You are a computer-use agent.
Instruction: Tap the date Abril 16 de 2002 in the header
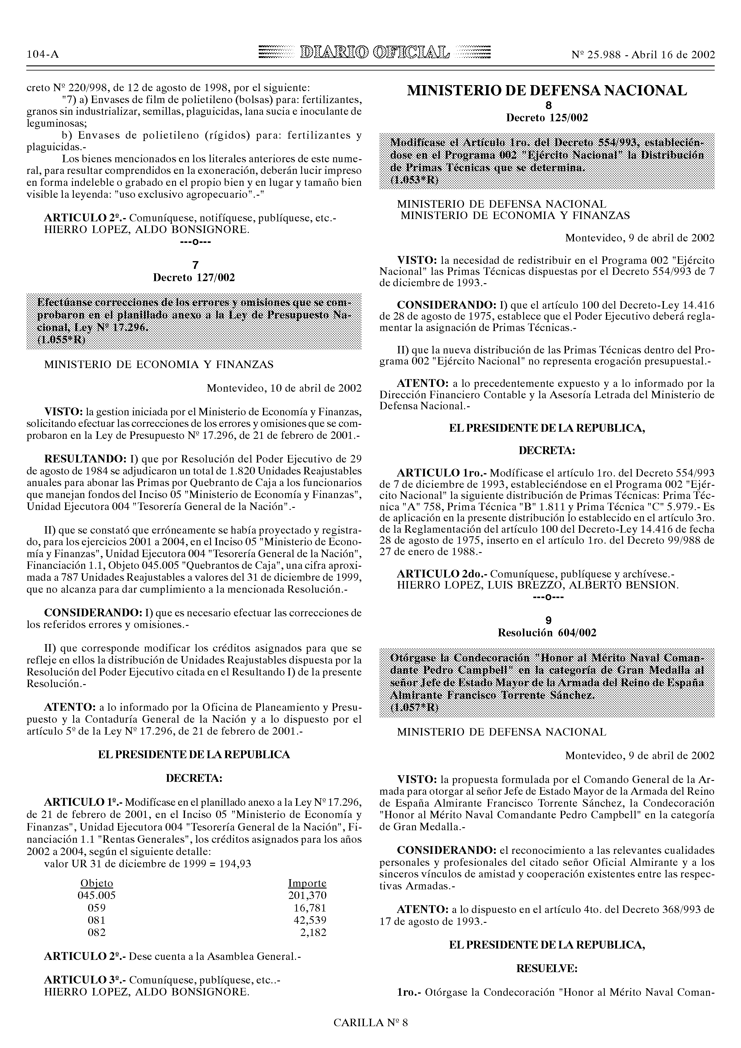pyautogui.click(x=673, y=55)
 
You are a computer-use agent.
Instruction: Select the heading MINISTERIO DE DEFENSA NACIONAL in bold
pyautogui.click(x=546, y=91)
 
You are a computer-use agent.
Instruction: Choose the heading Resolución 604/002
pyautogui.click(x=546, y=633)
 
